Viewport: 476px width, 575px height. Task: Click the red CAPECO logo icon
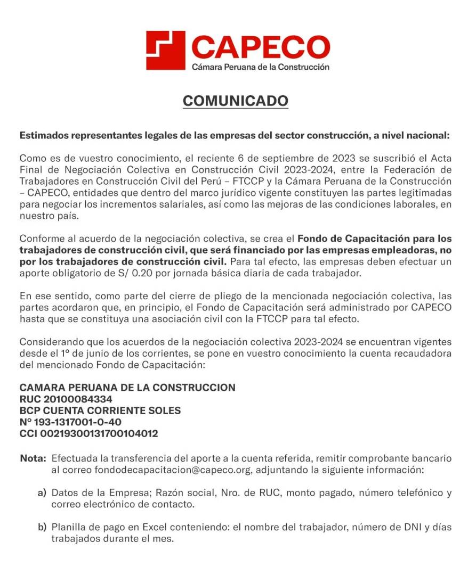[166, 50]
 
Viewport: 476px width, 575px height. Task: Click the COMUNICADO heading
[236, 101]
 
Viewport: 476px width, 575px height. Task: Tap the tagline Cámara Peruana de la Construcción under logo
[260, 67]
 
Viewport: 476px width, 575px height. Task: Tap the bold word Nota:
[33, 458]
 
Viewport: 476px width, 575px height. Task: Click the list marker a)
[42, 493]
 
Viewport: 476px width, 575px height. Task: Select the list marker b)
[42, 528]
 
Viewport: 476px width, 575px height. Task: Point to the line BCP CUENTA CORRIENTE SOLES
[100, 410]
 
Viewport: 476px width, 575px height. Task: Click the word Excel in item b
[154, 528]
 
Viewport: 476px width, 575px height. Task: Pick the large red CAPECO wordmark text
[260, 47]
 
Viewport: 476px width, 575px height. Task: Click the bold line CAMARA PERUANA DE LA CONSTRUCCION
[127, 387]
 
